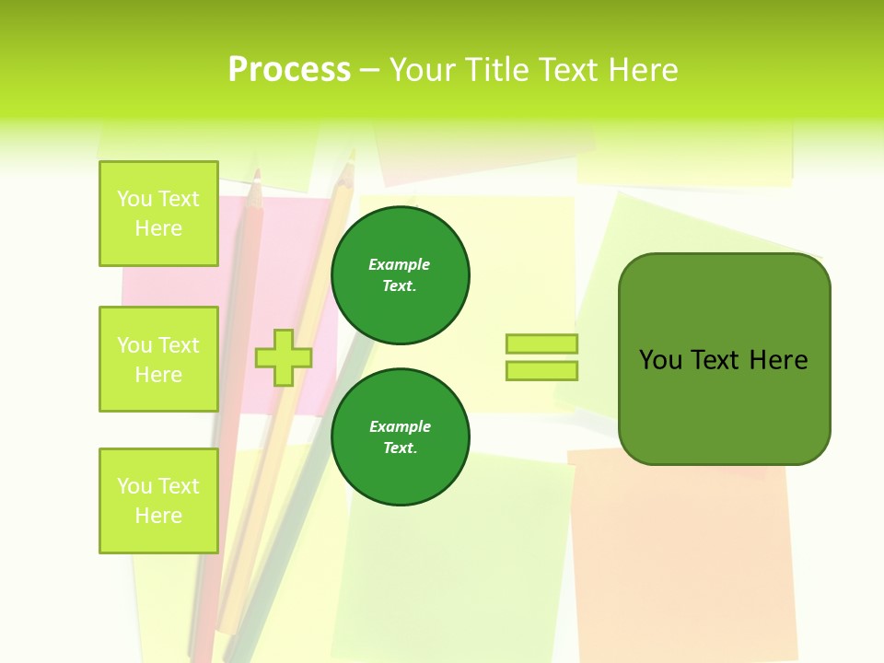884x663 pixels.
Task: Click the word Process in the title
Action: point(289,70)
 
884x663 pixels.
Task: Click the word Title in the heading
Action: point(495,70)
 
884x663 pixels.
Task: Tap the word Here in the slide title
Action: point(642,70)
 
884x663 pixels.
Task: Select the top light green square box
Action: point(158,214)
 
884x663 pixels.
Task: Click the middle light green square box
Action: point(158,359)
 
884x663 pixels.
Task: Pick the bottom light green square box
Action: point(158,501)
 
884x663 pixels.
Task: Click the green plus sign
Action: point(284,357)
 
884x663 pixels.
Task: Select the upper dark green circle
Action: point(401,275)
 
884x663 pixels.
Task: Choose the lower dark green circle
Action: point(401,437)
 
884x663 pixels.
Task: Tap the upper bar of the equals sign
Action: point(542,343)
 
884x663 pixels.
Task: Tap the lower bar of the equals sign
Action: point(542,371)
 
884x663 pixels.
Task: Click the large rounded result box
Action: point(725,405)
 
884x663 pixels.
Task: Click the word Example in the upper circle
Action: point(400,264)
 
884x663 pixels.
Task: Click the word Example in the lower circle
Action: point(400,426)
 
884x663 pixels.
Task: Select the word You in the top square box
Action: point(134,199)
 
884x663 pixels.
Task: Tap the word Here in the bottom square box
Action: point(158,516)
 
